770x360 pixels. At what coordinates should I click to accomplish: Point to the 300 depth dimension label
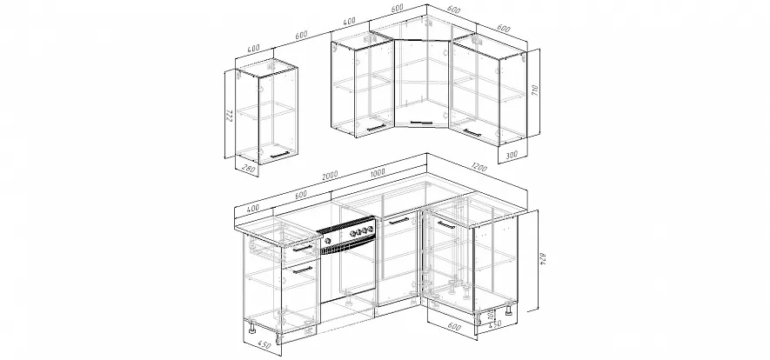tap(512, 155)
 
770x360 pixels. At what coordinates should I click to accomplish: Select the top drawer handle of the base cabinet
tap(302, 249)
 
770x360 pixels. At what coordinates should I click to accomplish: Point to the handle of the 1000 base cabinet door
tap(398, 221)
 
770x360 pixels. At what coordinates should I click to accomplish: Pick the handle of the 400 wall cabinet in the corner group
tap(377, 128)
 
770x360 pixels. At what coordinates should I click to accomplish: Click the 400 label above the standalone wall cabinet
tap(253, 47)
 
